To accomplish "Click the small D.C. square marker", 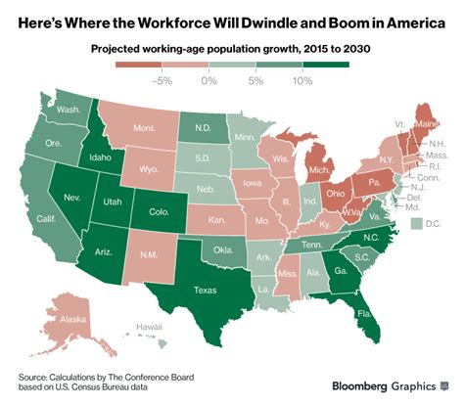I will click(x=415, y=225).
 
